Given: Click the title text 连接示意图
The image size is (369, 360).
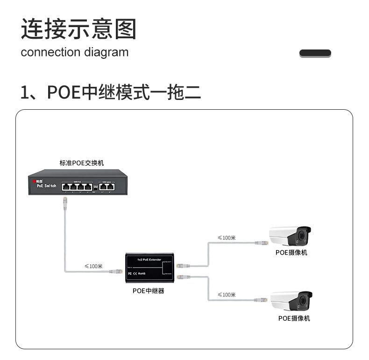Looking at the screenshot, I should [x=78, y=29].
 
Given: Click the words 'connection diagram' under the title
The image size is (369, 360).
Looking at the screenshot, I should [x=74, y=52].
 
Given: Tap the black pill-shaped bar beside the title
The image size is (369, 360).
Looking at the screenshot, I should [x=315, y=53].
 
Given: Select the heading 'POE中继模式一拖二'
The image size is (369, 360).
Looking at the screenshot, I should [x=111, y=92].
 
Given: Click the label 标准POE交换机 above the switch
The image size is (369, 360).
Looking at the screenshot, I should [x=82, y=163].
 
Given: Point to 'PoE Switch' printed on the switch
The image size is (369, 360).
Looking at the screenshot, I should [x=46, y=186].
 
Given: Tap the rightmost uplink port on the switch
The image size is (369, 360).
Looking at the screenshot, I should [x=110, y=186].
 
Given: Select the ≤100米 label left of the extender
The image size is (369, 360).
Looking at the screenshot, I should [x=93, y=266].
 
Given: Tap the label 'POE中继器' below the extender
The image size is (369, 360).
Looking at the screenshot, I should [x=148, y=291].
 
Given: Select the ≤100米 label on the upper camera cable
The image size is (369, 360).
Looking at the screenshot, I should [x=227, y=238].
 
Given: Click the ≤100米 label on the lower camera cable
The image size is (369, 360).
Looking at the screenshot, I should [x=227, y=295].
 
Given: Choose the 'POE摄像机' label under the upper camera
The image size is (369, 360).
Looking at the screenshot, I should [x=291, y=253].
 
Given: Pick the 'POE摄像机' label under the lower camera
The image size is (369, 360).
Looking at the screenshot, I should [x=294, y=318].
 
